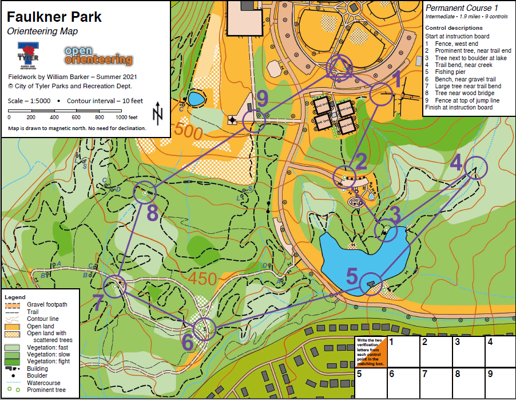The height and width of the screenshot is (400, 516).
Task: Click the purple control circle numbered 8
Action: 145,193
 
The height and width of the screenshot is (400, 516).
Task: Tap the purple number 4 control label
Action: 456,163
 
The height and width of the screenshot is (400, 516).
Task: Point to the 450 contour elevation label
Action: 200,279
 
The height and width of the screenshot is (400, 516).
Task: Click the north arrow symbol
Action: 157,113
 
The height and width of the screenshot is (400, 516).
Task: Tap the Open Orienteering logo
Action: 98,56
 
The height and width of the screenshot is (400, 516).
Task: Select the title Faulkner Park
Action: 54,17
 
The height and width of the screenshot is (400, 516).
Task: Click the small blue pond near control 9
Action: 196,99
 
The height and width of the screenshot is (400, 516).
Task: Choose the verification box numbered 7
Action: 434,383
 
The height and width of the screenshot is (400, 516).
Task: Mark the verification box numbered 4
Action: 499,351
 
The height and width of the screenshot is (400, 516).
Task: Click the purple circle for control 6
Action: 204,330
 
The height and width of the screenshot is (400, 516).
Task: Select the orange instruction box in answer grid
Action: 370,351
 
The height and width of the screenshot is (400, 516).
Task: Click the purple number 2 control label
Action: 360,162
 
